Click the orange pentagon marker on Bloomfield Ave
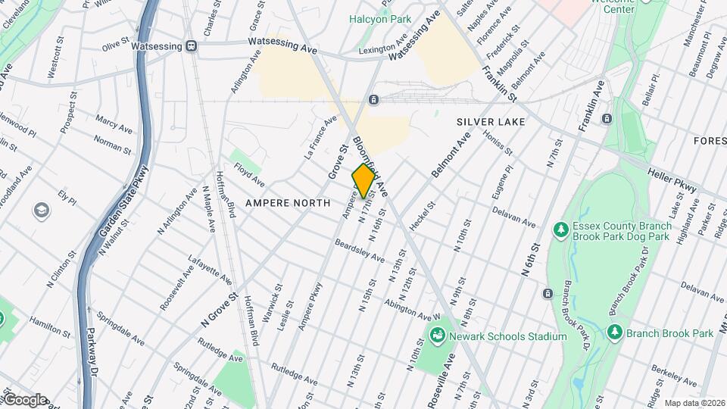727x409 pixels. (363, 181)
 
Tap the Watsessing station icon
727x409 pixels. (192, 46)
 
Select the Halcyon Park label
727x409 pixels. (379, 19)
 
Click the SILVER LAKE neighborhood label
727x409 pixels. (486, 121)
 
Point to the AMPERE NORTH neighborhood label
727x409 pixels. (288, 203)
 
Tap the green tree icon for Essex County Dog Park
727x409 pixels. (561, 229)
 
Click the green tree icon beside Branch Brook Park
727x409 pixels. (615, 333)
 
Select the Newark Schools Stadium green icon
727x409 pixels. (437, 335)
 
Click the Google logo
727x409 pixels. (24, 399)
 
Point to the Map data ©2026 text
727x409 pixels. (694, 403)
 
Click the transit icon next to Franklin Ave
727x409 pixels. (607, 119)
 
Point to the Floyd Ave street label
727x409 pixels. (248, 175)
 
